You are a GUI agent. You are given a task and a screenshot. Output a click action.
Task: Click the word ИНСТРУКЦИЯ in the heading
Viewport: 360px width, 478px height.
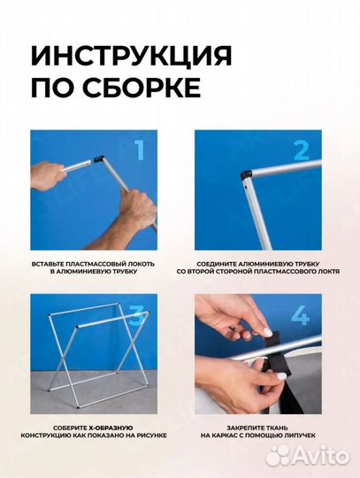(x=132, y=55)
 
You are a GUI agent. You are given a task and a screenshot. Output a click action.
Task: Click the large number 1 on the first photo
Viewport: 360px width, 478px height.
(x=139, y=150)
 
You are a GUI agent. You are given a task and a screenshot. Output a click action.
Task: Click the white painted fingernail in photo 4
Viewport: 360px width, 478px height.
(x=267, y=332)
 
